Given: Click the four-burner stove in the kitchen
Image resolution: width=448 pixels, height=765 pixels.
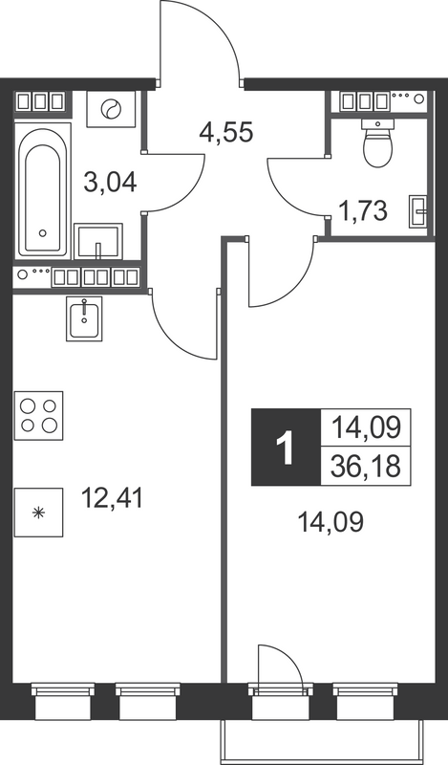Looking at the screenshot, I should click(x=39, y=413).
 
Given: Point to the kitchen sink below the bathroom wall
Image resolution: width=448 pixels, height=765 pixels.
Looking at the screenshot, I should click(x=86, y=317).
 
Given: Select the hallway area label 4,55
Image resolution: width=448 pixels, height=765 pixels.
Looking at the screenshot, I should click(x=227, y=131).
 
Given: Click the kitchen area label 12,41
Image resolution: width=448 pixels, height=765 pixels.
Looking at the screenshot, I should click(x=113, y=498).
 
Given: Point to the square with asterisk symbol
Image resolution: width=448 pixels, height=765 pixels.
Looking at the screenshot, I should click(x=38, y=512).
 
